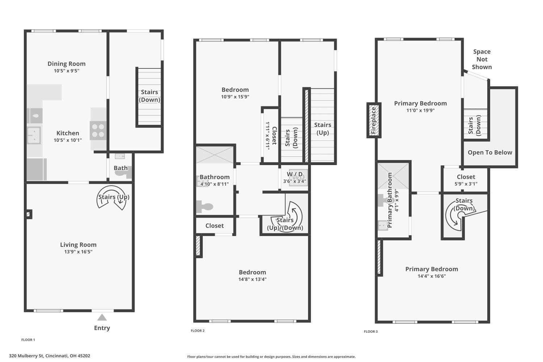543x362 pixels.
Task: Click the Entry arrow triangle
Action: point(102,317)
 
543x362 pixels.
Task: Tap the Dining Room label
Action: point(66,64)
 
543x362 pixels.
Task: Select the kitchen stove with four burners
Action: point(98,130)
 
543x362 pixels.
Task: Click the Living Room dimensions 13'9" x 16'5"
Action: point(78,252)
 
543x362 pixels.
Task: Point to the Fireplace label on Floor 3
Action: point(374,120)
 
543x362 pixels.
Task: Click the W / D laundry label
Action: point(295,174)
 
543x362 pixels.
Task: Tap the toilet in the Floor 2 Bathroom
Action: point(205,207)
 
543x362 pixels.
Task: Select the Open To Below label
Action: point(490,152)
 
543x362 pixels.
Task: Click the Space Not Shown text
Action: point(482,59)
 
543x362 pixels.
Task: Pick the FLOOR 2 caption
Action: point(198,331)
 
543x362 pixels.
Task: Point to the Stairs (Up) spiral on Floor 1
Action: point(111,197)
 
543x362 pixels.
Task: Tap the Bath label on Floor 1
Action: point(121,168)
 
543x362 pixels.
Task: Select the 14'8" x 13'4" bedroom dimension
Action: point(252,279)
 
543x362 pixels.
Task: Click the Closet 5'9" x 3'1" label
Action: point(466,180)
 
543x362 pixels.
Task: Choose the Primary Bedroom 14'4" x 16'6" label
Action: point(432,272)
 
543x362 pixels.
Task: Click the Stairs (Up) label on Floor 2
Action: point(323,129)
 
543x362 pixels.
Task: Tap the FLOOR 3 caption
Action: point(371,332)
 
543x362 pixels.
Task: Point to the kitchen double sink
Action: point(34,135)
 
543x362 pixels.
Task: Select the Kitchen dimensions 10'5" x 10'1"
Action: point(68,140)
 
